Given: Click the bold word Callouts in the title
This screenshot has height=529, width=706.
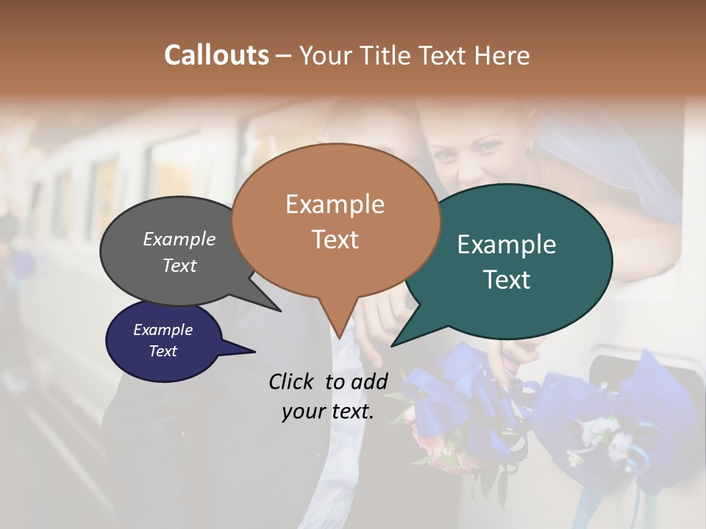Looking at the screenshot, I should (216, 55).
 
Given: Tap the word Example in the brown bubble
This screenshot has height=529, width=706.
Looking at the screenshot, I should (335, 204).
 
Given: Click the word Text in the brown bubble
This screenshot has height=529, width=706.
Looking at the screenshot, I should (335, 240).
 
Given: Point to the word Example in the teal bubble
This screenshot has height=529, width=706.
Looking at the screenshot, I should (507, 245).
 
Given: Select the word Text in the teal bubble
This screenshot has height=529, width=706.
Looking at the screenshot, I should (507, 280).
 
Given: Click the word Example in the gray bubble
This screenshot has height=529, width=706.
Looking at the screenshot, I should (179, 240).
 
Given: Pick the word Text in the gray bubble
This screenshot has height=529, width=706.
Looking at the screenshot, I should (179, 265).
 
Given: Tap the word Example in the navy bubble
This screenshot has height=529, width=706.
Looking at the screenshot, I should (163, 330).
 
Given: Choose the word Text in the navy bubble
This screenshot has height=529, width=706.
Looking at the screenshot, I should (163, 351).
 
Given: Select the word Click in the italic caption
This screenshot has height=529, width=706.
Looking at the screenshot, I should (293, 381).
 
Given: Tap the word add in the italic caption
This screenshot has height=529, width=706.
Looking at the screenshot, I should (370, 381).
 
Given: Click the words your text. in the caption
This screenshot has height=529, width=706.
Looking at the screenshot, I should (327, 411).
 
